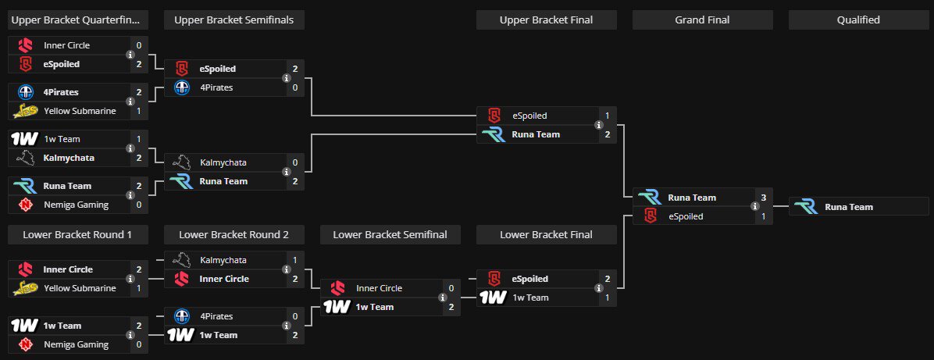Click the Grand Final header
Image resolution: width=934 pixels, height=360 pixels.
[x=702, y=20]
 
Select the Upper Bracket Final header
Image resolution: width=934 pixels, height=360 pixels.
[x=546, y=20]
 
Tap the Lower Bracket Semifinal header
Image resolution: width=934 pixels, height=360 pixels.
[x=390, y=234]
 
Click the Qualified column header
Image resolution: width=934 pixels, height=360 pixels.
[x=858, y=20]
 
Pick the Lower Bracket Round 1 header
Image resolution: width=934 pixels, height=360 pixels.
[x=77, y=234]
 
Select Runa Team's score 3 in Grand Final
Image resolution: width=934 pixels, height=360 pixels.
[x=763, y=198]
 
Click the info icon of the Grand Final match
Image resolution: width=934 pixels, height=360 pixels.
[x=754, y=207]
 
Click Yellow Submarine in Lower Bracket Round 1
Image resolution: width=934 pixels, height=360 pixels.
[x=80, y=288]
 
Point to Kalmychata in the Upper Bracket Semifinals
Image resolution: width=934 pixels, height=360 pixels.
[x=223, y=162]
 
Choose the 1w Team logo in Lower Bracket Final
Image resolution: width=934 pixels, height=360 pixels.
[x=493, y=298]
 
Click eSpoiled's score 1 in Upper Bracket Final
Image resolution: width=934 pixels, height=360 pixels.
[x=607, y=116]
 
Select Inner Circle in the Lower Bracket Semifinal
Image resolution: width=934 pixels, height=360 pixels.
[x=379, y=288]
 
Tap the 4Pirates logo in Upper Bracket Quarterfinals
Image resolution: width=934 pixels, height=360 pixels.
[x=25, y=92]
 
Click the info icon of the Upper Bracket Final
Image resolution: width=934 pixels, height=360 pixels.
[x=598, y=125]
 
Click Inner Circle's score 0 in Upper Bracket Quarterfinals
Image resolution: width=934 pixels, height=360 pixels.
[x=138, y=45]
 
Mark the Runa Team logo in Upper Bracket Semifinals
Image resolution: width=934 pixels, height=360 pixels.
[x=181, y=181]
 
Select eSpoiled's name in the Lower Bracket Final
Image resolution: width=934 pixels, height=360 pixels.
[x=530, y=279]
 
